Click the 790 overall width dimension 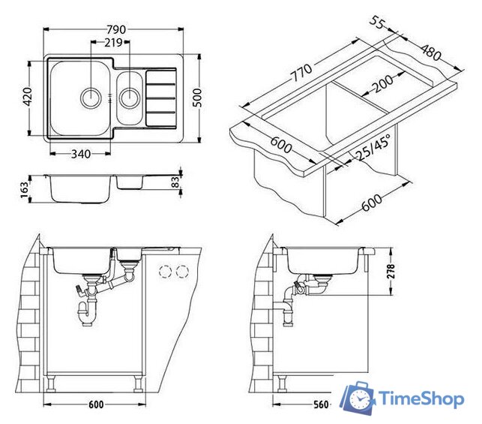click(x=116, y=29)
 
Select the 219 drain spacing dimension click(x=113, y=43)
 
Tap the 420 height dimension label click(x=28, y=97)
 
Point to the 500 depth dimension click(x=197, y=98)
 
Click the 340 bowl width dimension click(x=81, y=154)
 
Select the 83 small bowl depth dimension click(x=175, y=182)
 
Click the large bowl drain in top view click(x=91, y=98)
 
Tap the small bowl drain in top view click(x=130, y=98)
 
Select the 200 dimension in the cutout click(x=382, y=84)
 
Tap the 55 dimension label click(x=376, y=23)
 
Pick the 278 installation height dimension click(x=391, y=271)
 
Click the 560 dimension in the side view click(x=321, y=404)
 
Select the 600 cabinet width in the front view click(x=96, y=404)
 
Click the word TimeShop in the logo click(x=421, y=398)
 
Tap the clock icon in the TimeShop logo click(x=358, y=398)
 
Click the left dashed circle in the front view click(x=166, y=272)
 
